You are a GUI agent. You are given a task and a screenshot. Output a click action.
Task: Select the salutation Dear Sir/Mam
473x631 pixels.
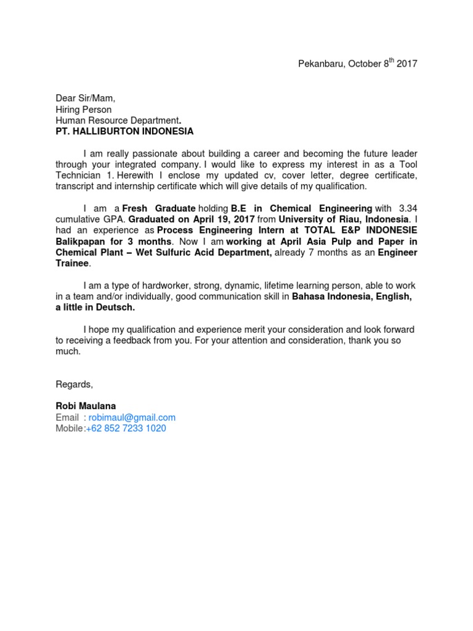86,98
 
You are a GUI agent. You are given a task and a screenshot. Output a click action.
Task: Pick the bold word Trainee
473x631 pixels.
73,264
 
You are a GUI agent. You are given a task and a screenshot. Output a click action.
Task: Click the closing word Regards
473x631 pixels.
74,385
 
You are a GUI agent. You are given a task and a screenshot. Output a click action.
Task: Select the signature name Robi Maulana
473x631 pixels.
86,406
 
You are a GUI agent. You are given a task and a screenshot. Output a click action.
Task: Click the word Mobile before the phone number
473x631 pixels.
68,428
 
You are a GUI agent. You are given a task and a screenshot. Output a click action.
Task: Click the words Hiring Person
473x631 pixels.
84,109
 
